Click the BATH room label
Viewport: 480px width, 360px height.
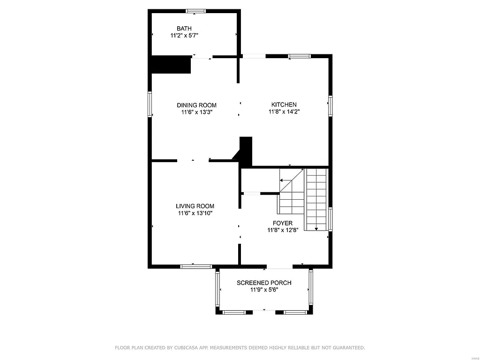click(184, 29)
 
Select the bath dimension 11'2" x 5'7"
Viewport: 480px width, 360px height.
click(184, 35)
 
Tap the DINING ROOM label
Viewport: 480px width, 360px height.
click(196, 105)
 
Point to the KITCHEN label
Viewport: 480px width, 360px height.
click(284, 105)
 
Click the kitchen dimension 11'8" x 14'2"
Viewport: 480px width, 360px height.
click(284, 112)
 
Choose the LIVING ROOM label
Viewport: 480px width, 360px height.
click(195, 206)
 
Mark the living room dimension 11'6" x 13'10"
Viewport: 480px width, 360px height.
click(195, 213)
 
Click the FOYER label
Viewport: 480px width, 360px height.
click(283, 223)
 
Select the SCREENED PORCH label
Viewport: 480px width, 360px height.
click(264, 283)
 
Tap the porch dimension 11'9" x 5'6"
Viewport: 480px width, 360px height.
click(264, 290)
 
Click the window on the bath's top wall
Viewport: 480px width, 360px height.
click(195, 11)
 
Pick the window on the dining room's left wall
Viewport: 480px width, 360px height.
click(150, 104)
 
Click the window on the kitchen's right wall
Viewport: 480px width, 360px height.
click(330, 106)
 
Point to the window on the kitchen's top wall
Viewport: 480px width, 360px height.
click(299, 56)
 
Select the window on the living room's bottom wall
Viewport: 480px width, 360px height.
click(196, 266)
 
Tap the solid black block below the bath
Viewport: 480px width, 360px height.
click(170, 65)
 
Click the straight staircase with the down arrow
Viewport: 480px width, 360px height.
click(316, 199)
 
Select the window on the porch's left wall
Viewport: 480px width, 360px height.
click(217, 288)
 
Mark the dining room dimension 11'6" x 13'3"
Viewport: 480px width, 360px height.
click(196, 112)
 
